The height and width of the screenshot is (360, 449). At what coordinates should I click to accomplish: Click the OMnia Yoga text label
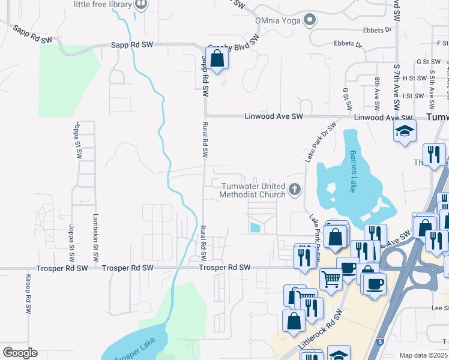tap(278, 20)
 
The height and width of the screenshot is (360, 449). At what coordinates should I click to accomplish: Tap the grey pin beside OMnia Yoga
tap(310, 20)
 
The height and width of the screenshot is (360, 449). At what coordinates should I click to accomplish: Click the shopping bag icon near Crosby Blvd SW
tap(217, 59)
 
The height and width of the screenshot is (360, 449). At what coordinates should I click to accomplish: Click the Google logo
tap(20, 353)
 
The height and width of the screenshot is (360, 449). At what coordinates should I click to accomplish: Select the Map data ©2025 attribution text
tap(423, 355)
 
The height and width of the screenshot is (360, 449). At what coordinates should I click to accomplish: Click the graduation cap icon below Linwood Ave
tap(405, 131)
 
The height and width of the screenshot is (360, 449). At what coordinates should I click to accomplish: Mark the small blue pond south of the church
tap(255, 227)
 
